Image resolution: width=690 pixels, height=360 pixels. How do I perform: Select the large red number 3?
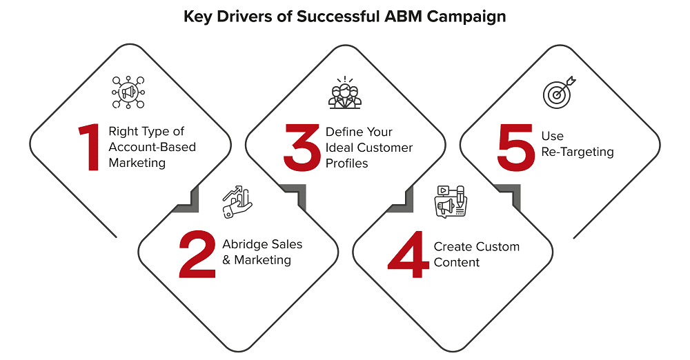click(302, 148)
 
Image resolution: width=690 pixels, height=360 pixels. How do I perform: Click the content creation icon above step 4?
click(451, 201)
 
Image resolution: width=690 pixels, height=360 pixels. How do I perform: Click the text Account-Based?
click(152, 147)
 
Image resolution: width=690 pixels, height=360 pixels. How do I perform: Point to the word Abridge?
click(244, 245)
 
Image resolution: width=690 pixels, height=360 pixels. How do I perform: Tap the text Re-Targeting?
click(577, 152)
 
